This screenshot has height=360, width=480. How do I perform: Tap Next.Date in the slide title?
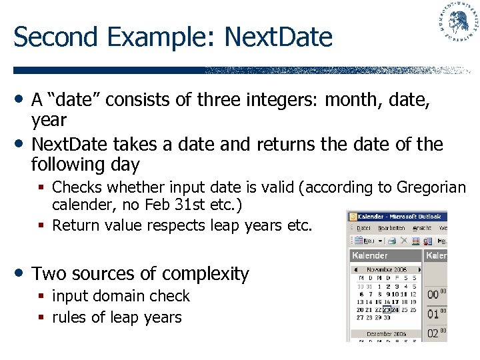(x=278, y=37)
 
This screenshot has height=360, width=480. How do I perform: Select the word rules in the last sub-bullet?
(x=69, y=317)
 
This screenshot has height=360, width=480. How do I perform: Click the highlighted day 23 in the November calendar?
(x=386, y=310)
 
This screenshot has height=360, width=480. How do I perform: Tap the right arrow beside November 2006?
(x=419, y=269)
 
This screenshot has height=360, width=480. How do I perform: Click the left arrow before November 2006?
(x=355, y=269)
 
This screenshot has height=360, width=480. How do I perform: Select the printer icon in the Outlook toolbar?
(x=392, y=240)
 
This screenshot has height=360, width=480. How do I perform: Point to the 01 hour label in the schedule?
(x=433, y=314)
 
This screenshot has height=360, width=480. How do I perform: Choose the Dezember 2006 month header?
(x=386, y=333)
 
